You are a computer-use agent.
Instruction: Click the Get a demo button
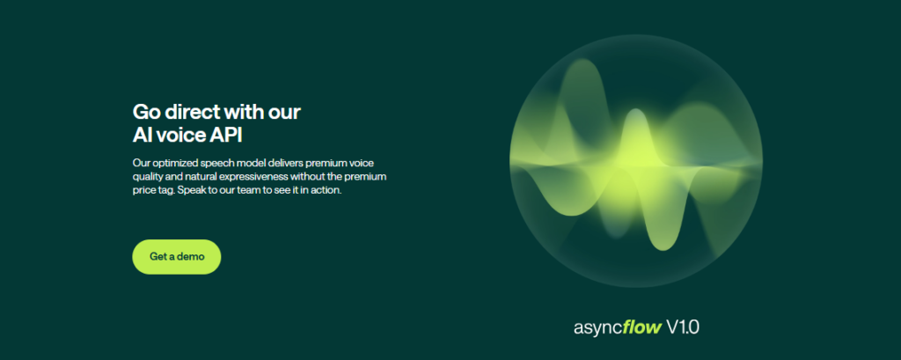tap(176, 256)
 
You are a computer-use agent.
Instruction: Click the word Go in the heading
tap(144, 111)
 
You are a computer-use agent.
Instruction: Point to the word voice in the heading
tap(180, 136)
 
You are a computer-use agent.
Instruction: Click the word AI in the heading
tap(143, 136)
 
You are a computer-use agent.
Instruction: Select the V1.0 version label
tap(683, 327)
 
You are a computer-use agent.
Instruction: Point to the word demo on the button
tap(191, 256)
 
